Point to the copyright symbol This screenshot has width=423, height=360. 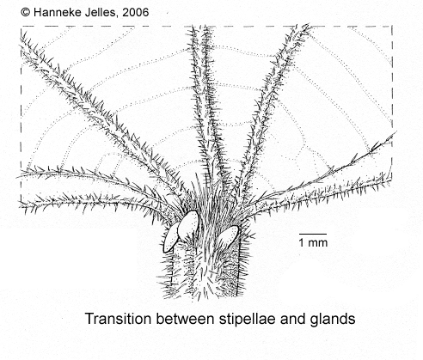click(26, 12)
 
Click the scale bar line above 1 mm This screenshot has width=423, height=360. click(313, 234)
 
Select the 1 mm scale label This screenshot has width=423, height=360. click(313, 242)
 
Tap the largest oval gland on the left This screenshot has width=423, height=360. click(188, 225)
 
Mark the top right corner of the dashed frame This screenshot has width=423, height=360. click(392, 27)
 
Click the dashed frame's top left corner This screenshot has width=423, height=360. click(21, 27)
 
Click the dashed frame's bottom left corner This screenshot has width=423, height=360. click(21, 202)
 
